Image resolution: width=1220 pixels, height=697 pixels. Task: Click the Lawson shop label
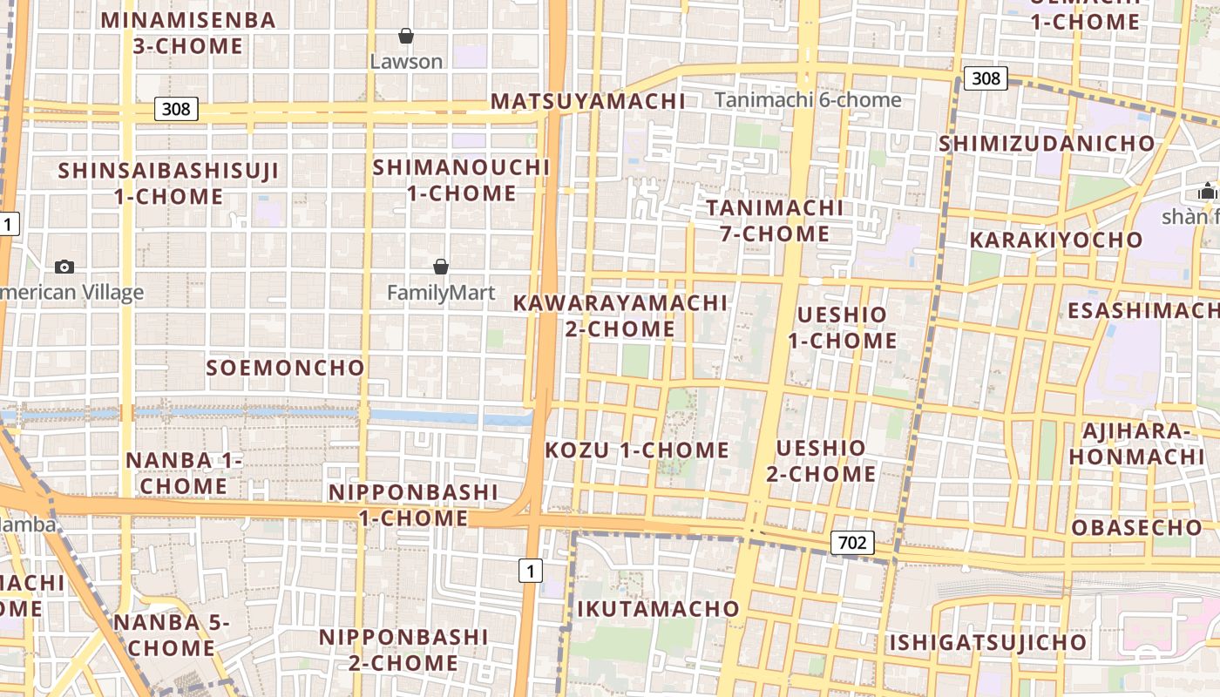point(406,62)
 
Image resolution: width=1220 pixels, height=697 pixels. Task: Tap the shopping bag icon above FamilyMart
point(441,267)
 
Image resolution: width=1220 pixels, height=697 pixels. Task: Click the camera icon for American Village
point(64,267)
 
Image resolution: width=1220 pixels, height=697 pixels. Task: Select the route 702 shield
point(851,544)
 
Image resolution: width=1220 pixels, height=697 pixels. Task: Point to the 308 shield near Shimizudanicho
point(986,78)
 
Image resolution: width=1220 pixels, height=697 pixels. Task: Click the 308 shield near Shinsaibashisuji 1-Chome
point(176,109)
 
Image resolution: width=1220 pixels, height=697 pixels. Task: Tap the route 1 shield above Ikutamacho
point(530,571)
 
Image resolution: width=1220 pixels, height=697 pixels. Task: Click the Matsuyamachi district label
point(587,101)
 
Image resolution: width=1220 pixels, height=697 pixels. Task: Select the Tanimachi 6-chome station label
point(808,100)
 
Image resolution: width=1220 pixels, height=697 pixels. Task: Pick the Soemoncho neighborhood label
point(285,368)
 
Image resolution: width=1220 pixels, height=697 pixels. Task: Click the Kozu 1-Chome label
point(637,450)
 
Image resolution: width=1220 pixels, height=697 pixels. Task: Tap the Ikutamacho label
point(658,608)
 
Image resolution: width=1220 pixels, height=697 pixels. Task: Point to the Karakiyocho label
point(1055,240)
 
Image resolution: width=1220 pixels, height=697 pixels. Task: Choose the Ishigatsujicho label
point(988,643)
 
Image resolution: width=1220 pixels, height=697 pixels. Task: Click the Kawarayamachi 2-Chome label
point(620,315)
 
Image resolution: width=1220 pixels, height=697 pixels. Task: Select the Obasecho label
point(1136,527)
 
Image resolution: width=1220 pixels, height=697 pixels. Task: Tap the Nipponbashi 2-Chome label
point(403,650)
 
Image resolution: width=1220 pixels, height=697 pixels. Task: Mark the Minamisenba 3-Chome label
point(188,33)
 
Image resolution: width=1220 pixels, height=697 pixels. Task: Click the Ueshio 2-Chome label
point(821,461)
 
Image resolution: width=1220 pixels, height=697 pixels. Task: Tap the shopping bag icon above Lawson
point(405,36)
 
